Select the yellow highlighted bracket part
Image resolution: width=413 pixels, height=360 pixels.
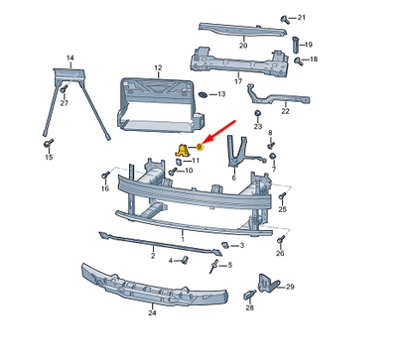tap(184, 149)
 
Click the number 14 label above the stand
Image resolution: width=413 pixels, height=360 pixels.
tap(70, 60)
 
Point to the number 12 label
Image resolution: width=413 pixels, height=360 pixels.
tap(157, 68)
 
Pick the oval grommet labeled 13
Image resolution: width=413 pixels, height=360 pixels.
tap(203, 94)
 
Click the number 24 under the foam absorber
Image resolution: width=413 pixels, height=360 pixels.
tap(152, 312)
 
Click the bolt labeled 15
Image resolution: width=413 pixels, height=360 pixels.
tap(47, 144)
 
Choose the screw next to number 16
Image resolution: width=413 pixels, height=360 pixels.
tap(104, 177)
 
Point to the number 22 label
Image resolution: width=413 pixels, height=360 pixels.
tap(286, 111)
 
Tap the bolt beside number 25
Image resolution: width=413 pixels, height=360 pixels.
tap(282, 196)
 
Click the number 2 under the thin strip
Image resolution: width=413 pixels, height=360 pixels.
tap(153, 255)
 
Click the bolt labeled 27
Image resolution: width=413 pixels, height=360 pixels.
tap(62, 91)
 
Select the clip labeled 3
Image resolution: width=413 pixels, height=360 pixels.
tap(226, 244)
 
